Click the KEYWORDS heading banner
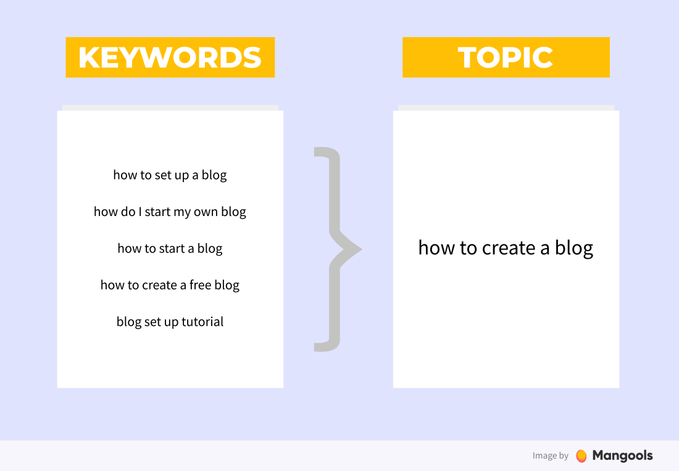pyautogui.click(x=170, y=57)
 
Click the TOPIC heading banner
pyautogui.click(x=506, y=57)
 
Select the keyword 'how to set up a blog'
pyautogui.click(x=170, y=175)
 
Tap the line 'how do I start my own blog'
pyautogui.click(x=170, y=212)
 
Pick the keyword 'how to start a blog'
pyautogui.click(x=170, y=249)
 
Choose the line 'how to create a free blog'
pyautogui.click(x=170, y=285)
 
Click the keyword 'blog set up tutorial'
pyautogui.click(x=170, y=322)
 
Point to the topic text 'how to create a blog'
pyautogui.click(x=506, y=248)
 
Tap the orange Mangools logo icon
pyautogui.click(x=581, y=456)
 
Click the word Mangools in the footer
pyautogui.click(x=622, y=456)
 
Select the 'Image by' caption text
pyautogui.click(x=551, y=456)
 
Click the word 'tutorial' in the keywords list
pyautogui.click(x=202, y=322)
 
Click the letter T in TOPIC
pyautogui.click(x=468, y=57)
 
